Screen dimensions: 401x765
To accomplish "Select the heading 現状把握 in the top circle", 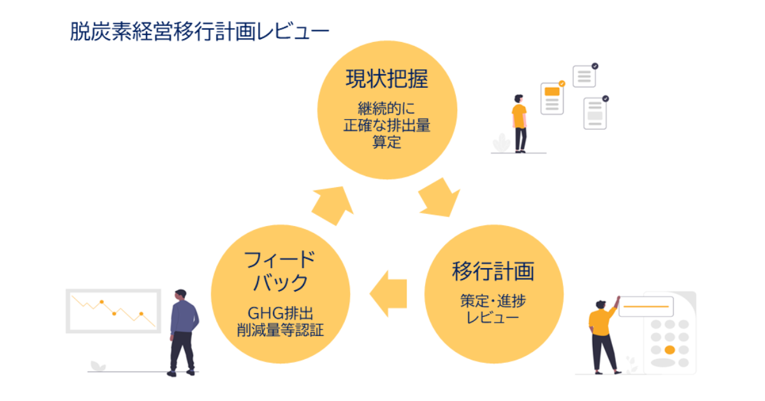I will point(386,79).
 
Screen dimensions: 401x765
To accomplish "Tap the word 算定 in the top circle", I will point(386,142).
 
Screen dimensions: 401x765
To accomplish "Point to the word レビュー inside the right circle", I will point(493,316).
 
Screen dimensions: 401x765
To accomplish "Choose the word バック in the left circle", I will point(281,283).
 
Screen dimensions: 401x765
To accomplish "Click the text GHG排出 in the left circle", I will point(281,314).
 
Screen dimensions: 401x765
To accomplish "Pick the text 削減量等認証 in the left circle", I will point(281,330).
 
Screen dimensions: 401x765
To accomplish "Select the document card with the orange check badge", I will point(552,98).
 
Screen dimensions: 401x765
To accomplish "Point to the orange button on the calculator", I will point(669,350).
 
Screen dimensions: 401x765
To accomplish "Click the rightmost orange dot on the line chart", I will point(142,314).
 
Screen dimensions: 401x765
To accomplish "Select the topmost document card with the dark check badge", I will point(584,76).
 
